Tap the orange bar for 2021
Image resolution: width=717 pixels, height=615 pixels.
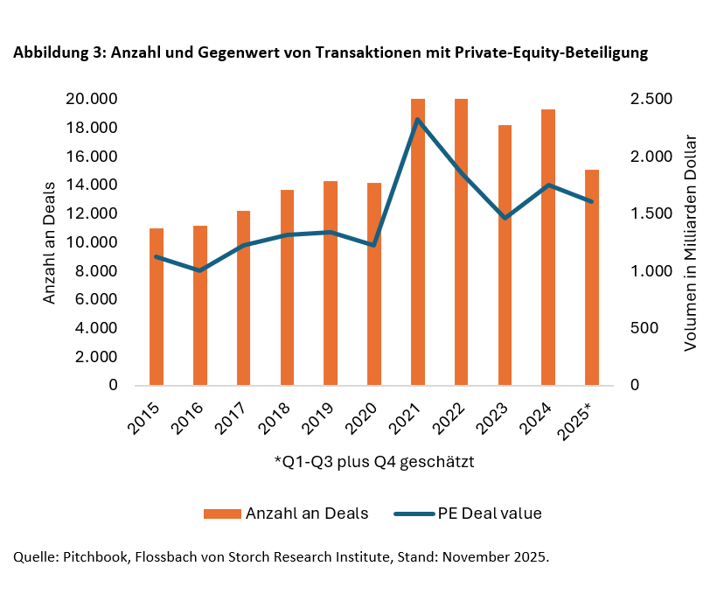[418, 262]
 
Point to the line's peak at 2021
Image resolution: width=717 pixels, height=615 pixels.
[418, 119]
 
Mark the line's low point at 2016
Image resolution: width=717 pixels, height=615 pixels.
[200, 270]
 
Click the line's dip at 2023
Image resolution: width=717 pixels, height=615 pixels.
[505, 218]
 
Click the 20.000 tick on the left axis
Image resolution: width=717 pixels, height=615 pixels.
[92, 99]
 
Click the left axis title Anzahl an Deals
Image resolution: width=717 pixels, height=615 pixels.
[50, 242]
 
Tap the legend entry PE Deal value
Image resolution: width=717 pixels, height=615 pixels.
[490, 514]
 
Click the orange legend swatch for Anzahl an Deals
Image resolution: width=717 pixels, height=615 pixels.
[222, 514]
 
